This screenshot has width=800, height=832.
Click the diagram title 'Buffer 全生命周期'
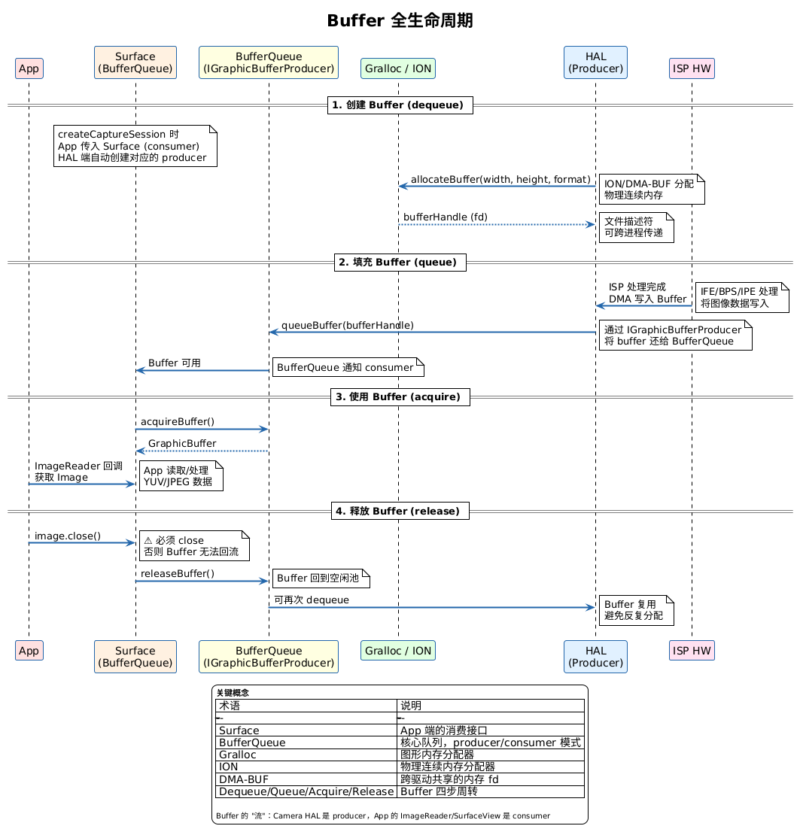tap(400, 21)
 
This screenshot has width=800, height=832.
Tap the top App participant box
tap(29, 68)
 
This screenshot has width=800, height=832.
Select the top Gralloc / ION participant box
tap(398, 68)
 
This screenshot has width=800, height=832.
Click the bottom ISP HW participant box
tap(692, 651)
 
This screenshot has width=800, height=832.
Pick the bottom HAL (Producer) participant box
tap(595, 657)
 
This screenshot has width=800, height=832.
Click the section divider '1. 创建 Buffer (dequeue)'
tap(400, 105)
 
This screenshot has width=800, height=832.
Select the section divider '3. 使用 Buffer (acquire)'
tap(400, 397)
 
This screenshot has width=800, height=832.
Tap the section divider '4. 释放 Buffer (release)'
tap(400, 511)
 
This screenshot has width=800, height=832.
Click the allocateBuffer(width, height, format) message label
tap(500, 179)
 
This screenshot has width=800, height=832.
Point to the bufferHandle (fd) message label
tap(446, 217)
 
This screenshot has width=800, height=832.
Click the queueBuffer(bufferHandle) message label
tap(348, 325)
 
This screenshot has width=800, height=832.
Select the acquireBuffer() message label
tap(178, 422)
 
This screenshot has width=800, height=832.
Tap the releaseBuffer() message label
tap(178, 573)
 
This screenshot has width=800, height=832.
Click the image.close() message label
tap(68, 536)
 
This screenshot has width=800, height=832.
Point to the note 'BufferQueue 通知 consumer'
tap(348, 367)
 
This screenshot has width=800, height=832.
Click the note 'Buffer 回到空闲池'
tap(321, 578)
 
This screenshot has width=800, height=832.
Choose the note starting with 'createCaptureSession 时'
tap(135, 146)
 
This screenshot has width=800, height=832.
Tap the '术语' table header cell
tap(306, 706)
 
